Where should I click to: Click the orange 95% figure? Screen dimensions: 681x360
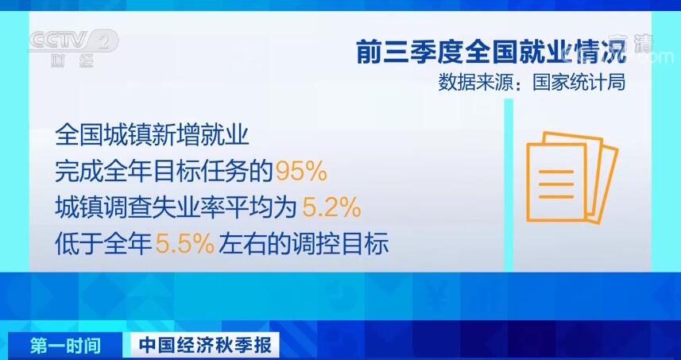pyautogui.click(x=301, y=172)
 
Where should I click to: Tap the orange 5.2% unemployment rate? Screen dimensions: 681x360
pyautogui.click(x=331, y=208)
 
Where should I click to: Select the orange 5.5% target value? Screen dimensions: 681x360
pyautogui.click(x=184, y=245)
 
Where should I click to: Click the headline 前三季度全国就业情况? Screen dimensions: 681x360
pyautogui.click(x=491, y=51)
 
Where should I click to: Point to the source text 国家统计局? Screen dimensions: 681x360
pyautogui.click(x=579, y=83)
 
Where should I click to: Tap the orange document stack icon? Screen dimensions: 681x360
pyautogui.click(x=572, y=177)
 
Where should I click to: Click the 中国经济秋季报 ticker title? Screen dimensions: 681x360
pyautogui.click(x=206, y=346)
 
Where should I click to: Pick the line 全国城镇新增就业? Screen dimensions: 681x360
pyautogui.click(x=152, y=136)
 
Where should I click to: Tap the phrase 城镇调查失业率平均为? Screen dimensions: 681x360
pyautogui.click(x=176, y=209)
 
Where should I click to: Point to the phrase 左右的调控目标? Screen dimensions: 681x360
pyautogui.click(x=303, y=246)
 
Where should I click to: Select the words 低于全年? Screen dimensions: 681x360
pyautogui.click(x=103, y=246)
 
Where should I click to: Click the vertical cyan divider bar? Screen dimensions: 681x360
pyautogui.click(x=509, y=185)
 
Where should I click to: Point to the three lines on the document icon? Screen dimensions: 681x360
pyautogui.click(x=556, y=184)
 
